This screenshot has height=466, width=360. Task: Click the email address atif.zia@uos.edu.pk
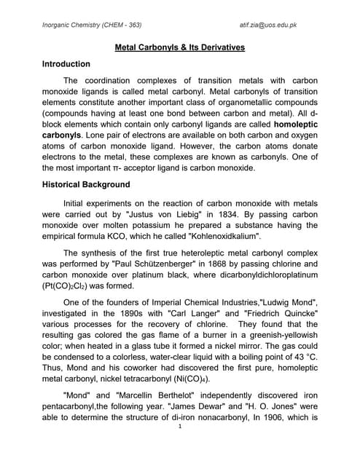pos(273,25)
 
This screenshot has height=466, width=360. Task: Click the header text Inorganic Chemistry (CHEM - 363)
pos(92,25)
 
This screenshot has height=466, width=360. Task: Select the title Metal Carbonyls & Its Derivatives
pos(180,48)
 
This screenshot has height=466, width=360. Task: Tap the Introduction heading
pos(66,64)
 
